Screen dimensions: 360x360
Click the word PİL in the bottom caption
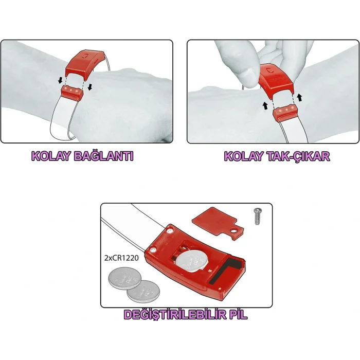236,315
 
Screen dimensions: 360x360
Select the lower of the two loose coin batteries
143,291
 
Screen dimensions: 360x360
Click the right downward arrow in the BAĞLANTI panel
91,86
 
